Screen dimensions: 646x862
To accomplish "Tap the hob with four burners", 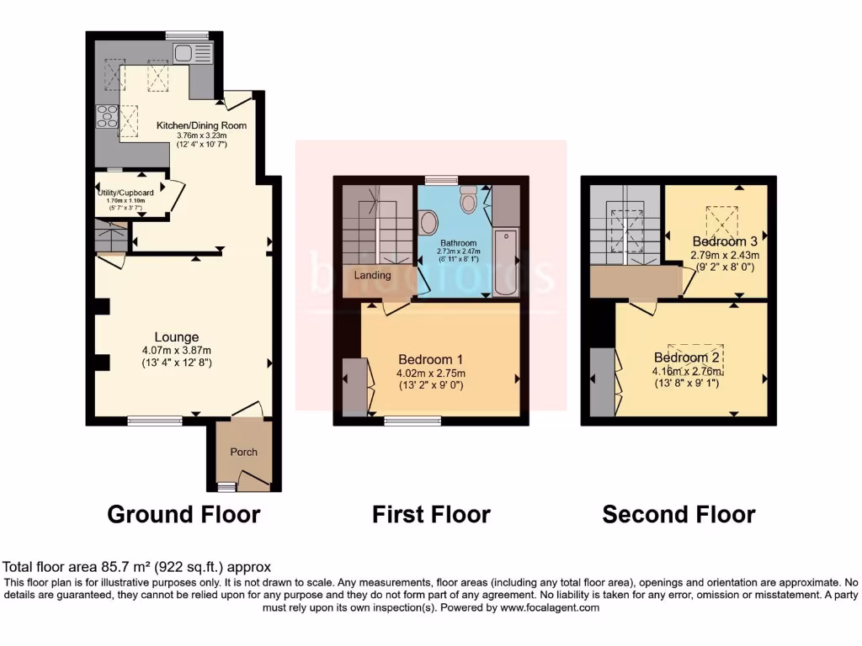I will [x=108, y=116].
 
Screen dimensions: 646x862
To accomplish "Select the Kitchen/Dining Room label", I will [x=202, y=125].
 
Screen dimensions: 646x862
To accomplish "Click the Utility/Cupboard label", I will [x=125, y=193].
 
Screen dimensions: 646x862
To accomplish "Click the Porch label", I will [x=244, y=452].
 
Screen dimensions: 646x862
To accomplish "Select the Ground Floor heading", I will [x=184, y=514].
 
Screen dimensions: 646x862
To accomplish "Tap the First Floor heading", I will [x=431, y=514].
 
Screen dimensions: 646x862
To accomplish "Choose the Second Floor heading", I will [x=678, y=514].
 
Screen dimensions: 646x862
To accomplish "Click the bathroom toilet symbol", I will [x=469, y=199].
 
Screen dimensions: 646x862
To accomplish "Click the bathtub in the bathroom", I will [x=506, y=260].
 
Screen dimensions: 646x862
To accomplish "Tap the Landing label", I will [x=372, y=275].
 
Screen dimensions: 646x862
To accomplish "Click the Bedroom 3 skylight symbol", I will [x=722, y=225].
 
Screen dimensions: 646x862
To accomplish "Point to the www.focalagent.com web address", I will [x=549, y=607].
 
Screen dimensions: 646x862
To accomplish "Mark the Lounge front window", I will [x=155, y=420].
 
